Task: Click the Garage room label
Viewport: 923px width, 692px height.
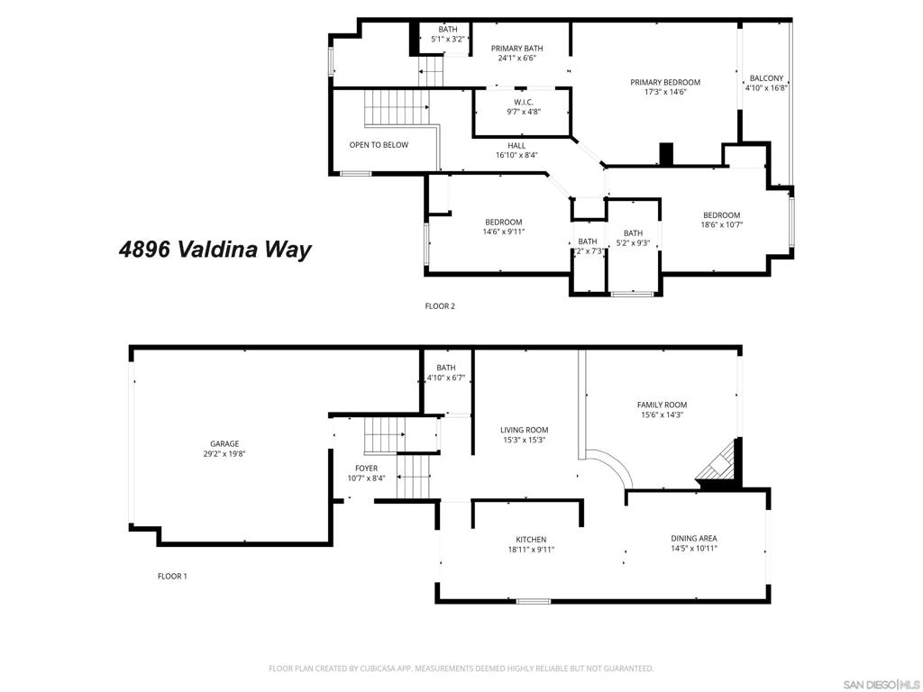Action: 224,443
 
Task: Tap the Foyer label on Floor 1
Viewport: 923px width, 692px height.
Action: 366,468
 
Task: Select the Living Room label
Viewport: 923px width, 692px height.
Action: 524,430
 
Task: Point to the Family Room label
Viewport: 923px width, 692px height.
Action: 662,405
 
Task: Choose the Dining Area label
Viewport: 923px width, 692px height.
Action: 693,538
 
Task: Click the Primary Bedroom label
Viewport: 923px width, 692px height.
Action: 664,82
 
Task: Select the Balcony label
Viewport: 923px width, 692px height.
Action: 765,78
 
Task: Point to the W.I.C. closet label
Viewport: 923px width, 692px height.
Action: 524,102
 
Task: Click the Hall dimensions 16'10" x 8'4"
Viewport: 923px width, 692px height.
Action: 516,155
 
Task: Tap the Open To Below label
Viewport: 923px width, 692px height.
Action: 379,145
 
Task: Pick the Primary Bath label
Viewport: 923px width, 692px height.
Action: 516,49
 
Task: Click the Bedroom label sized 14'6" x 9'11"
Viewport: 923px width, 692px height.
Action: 503,223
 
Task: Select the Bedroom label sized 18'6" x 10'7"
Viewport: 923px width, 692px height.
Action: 721,215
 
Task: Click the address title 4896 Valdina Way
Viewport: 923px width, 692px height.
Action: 215,250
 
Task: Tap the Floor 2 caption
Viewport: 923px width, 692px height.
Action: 440,306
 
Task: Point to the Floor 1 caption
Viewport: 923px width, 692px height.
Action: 172,577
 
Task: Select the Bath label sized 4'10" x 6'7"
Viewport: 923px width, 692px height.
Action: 446,368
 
